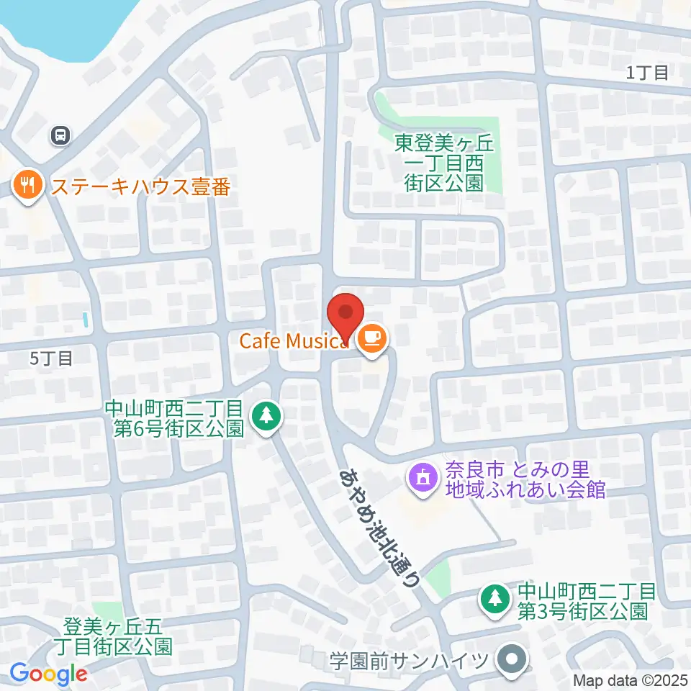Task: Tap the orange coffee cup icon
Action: point(371,338)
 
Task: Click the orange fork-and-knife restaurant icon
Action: point(27,186)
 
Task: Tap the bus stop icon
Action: point(60,135)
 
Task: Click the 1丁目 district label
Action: point(647,72)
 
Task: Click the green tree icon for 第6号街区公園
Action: point(267,415)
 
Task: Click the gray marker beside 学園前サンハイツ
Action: point(512,659)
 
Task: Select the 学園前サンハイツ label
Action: point(410,660)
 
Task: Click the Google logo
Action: point(48,674)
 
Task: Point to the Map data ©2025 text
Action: point(631,679)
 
